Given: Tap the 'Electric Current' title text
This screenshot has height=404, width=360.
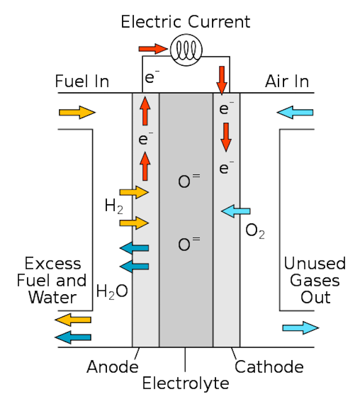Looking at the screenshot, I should pos(186,23).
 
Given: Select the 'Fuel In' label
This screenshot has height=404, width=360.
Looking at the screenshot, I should pos(82,82).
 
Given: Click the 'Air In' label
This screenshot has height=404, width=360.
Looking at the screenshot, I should pos(287,82).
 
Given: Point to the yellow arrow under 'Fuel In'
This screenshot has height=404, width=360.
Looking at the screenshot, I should pos(77,113).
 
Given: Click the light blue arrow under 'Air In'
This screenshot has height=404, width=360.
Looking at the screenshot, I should pos(294,113).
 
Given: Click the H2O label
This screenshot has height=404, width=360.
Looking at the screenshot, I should pos(112,291).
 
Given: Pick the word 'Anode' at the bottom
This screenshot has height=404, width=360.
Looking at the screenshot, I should pos(112,367).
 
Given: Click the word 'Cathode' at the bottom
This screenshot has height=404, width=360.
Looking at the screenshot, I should pos(269,367).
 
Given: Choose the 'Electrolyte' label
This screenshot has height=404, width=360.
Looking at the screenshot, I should pos(186,384).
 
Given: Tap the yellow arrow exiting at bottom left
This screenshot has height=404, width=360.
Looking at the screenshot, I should pos(73,320).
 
